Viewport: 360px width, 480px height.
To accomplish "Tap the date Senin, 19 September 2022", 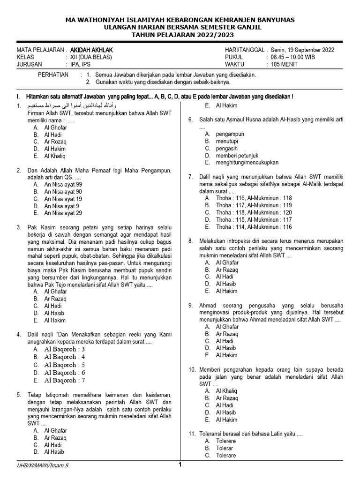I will click(301, 50).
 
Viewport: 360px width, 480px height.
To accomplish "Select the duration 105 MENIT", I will click(284, 65).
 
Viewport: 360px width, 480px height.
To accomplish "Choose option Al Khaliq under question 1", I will click(55, 156).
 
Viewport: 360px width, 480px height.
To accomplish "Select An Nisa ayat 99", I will click(63, 184).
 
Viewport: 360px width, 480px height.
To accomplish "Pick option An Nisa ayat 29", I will click(63, 213).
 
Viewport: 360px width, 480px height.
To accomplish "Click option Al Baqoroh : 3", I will click(65, 349).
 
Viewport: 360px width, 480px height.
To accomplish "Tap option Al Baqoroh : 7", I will click(65, 380).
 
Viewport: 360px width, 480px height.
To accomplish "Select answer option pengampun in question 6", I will click(230, 134).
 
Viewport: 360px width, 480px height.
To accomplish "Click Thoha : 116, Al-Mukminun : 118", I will click(254, 198).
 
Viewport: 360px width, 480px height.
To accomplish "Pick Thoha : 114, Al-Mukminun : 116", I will click(254, 227).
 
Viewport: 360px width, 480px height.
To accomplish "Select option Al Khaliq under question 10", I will click(226, 391).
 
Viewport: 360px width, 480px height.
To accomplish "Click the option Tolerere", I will click(226, 441).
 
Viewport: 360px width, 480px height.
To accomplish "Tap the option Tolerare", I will click(226, 456).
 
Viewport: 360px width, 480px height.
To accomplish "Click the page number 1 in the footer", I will click(180, 465).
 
